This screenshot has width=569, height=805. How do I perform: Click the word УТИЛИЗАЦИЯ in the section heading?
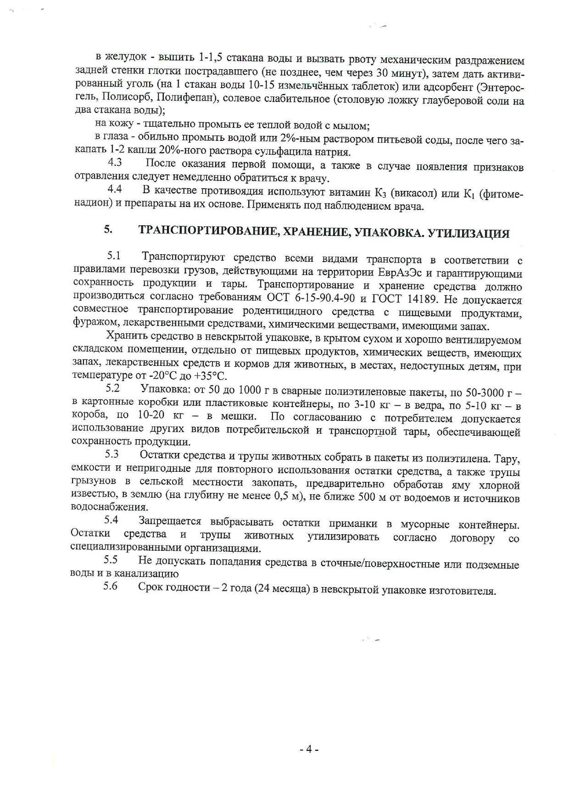click(468, 234)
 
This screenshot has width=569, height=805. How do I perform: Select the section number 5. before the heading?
click(108, 230)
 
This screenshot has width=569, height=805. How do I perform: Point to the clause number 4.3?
click(115, 162)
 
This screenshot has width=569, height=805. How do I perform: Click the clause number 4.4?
click(114, 189)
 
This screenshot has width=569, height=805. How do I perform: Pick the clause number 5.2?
click(112, 388)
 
